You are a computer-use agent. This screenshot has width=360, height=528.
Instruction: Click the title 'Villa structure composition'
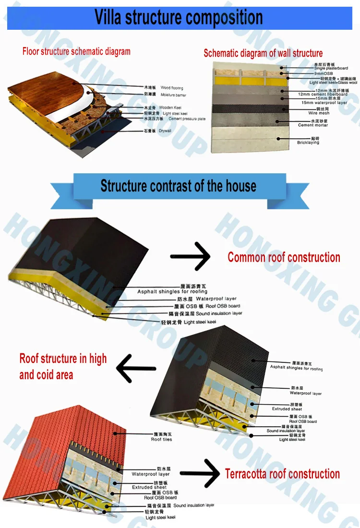(x=179, y=17)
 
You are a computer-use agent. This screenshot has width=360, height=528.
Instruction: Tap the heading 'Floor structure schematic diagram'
(x=76, y=51)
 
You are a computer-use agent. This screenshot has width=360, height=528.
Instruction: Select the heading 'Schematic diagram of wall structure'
(x=263, y=53)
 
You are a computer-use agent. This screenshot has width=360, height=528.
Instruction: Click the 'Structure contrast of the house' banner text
(x=178, y=186)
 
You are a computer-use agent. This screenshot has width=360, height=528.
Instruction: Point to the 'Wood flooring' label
(x=172, y=88)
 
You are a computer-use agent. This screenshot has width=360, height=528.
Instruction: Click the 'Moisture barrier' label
(x=173, y=96)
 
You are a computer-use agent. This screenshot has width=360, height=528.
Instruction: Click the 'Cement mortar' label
(x=313, y=125)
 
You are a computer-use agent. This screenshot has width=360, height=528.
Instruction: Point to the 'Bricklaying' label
(x=308, y=143)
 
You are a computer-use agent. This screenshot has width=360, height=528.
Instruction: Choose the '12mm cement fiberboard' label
(x=323, y=94)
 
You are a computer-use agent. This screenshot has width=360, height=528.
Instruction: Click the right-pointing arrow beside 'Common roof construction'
(x=191, y=256)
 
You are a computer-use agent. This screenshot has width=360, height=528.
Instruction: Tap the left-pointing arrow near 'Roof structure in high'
(x=136, y=369)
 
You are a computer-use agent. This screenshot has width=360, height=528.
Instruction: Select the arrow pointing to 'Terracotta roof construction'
(x=200, y=473)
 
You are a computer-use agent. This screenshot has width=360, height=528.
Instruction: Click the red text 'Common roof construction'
(x=284, y=257)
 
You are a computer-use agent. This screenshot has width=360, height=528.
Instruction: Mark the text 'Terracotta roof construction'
(x=282, y=474)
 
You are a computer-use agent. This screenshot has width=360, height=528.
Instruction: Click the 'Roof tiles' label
(x=161, y=439)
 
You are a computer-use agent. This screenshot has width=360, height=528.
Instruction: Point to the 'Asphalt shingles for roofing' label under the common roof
(x=172, y=291)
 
